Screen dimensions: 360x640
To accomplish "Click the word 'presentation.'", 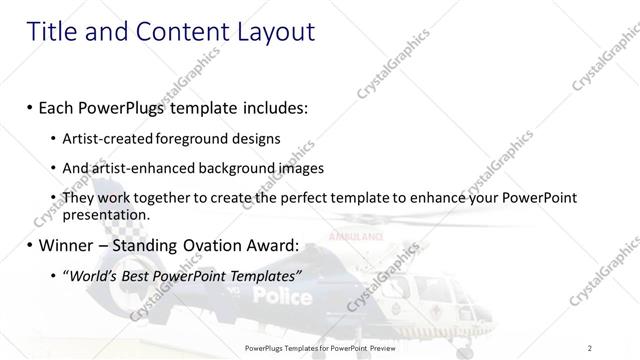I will click(105, 214).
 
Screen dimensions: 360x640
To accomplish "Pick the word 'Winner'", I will click(68, 244).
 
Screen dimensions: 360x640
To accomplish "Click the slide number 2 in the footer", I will click(589, 348).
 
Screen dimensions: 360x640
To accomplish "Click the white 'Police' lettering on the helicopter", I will click(282, 296).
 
